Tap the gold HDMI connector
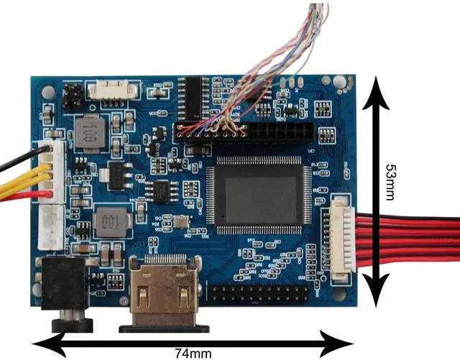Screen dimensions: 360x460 (x=165, y=293)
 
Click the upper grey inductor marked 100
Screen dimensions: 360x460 (x=91, y=132)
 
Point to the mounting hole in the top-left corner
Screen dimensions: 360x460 (x=47, y=92)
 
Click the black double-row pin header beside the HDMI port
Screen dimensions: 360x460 (x=260, y=293)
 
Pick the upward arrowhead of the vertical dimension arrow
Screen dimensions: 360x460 (x=374, y=92)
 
